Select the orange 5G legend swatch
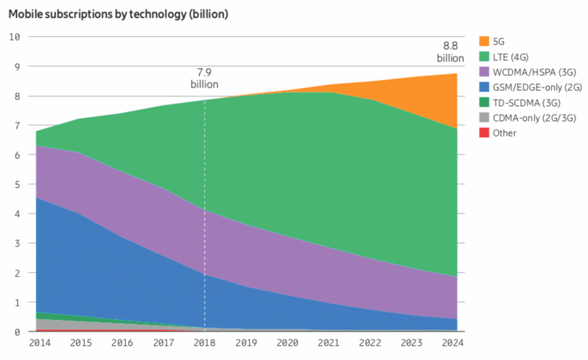point(484,41)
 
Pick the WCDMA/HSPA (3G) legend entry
point(529,71)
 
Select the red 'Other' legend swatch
point(484,133)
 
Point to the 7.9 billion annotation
point(204,78)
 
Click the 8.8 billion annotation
point(450,52)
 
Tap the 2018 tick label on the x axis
point(204,342)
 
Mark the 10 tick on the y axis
point(15,37)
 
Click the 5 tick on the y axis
point(17,184)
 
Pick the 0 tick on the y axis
point(17,332)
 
